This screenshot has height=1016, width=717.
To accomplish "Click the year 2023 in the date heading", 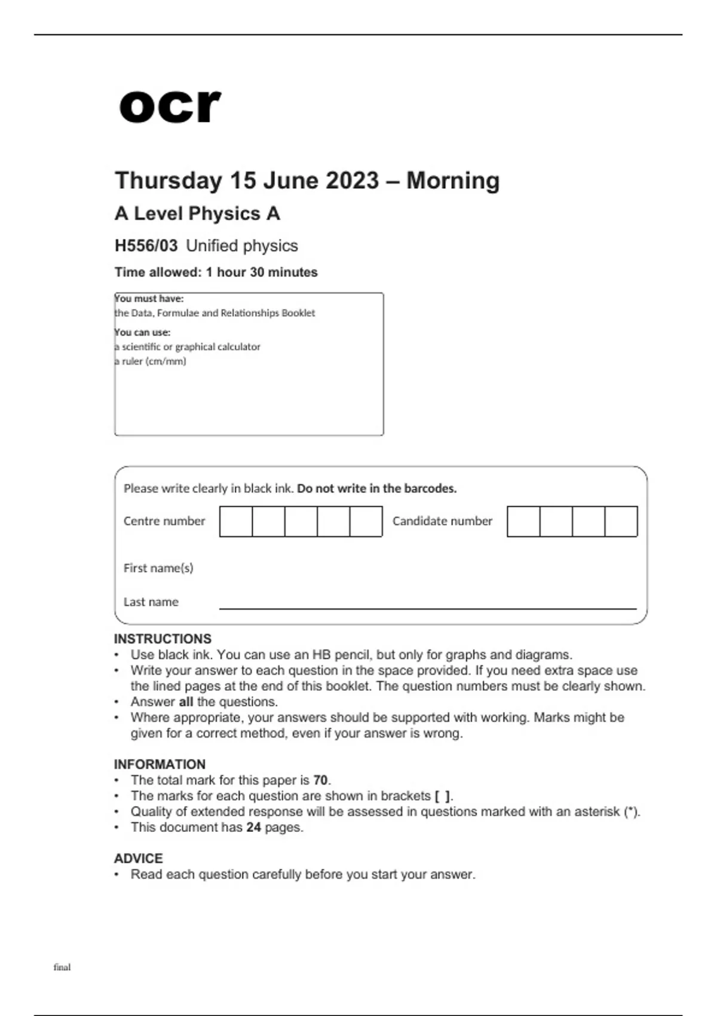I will click(x=353, y=180).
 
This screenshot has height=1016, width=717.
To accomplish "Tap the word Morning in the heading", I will click(x=453, y=180).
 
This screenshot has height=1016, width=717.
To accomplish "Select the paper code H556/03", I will click(x=146, y=246).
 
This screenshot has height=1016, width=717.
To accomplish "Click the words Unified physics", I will click(x=242, y=246).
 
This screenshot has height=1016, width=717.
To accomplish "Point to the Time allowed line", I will click(x=216, y=272).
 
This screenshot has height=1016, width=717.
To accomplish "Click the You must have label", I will click(x=149, y=298).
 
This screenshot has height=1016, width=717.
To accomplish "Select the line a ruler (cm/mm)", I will click(x=151, y=361).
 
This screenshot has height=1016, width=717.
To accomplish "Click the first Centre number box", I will click(x=236, y=521).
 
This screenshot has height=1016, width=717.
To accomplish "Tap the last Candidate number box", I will click(x=621, y=521).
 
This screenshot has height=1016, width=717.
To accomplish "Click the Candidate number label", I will click(x=442, y=521).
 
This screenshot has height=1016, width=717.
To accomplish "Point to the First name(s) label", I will click(x=158, y=568).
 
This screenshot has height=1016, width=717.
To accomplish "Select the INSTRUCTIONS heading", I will click(x=163, y=639).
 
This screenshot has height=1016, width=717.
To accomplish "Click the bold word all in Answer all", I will click(x=186, y=702).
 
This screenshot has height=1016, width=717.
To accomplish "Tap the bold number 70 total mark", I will click(x=320, y=780).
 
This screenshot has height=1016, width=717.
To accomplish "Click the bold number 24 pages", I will click(x=253, y=827).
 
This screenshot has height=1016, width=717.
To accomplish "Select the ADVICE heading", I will click(x=138, y=858).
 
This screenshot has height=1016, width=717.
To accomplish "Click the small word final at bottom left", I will click(x=62, y=967).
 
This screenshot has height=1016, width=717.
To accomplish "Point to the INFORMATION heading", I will click(x=160, y=764).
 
